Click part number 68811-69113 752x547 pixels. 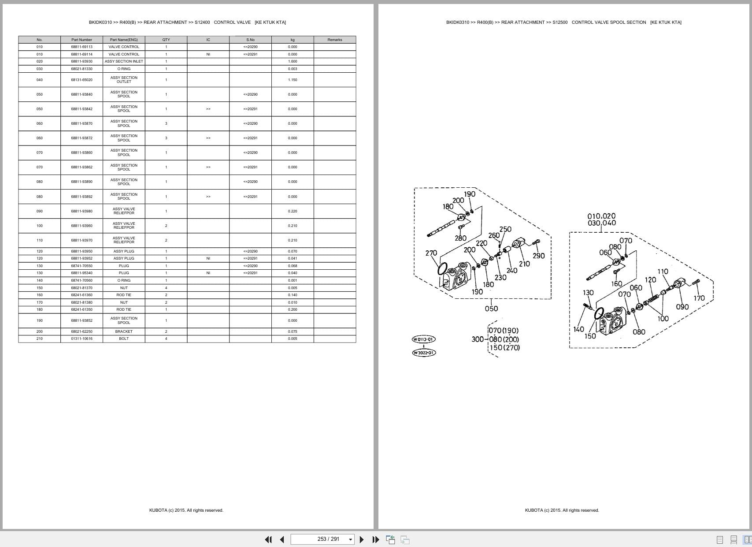coord(81,47)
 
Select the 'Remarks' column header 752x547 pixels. coord(334,40)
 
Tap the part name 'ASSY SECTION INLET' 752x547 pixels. coord(124,61)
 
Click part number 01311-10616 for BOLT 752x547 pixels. coord(81,339)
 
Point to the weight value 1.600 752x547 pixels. coord(293,61)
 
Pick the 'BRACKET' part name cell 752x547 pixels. coord(124,331)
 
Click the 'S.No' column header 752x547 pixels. coord(250,40)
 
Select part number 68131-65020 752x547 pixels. coord(81,80)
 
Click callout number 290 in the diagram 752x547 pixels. coord(538,256)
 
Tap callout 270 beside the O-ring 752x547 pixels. coord(431,253)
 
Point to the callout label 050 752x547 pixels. coord(491,309)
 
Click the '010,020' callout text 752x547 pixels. coord(601,216)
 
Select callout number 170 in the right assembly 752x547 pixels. coord(699,298)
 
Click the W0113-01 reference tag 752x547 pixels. coord(423,339)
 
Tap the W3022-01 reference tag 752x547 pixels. coord(423,353)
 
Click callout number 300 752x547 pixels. coord(477,339)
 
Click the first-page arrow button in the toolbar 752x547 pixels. coord(268,540)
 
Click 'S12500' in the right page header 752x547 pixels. coord(559,22)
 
